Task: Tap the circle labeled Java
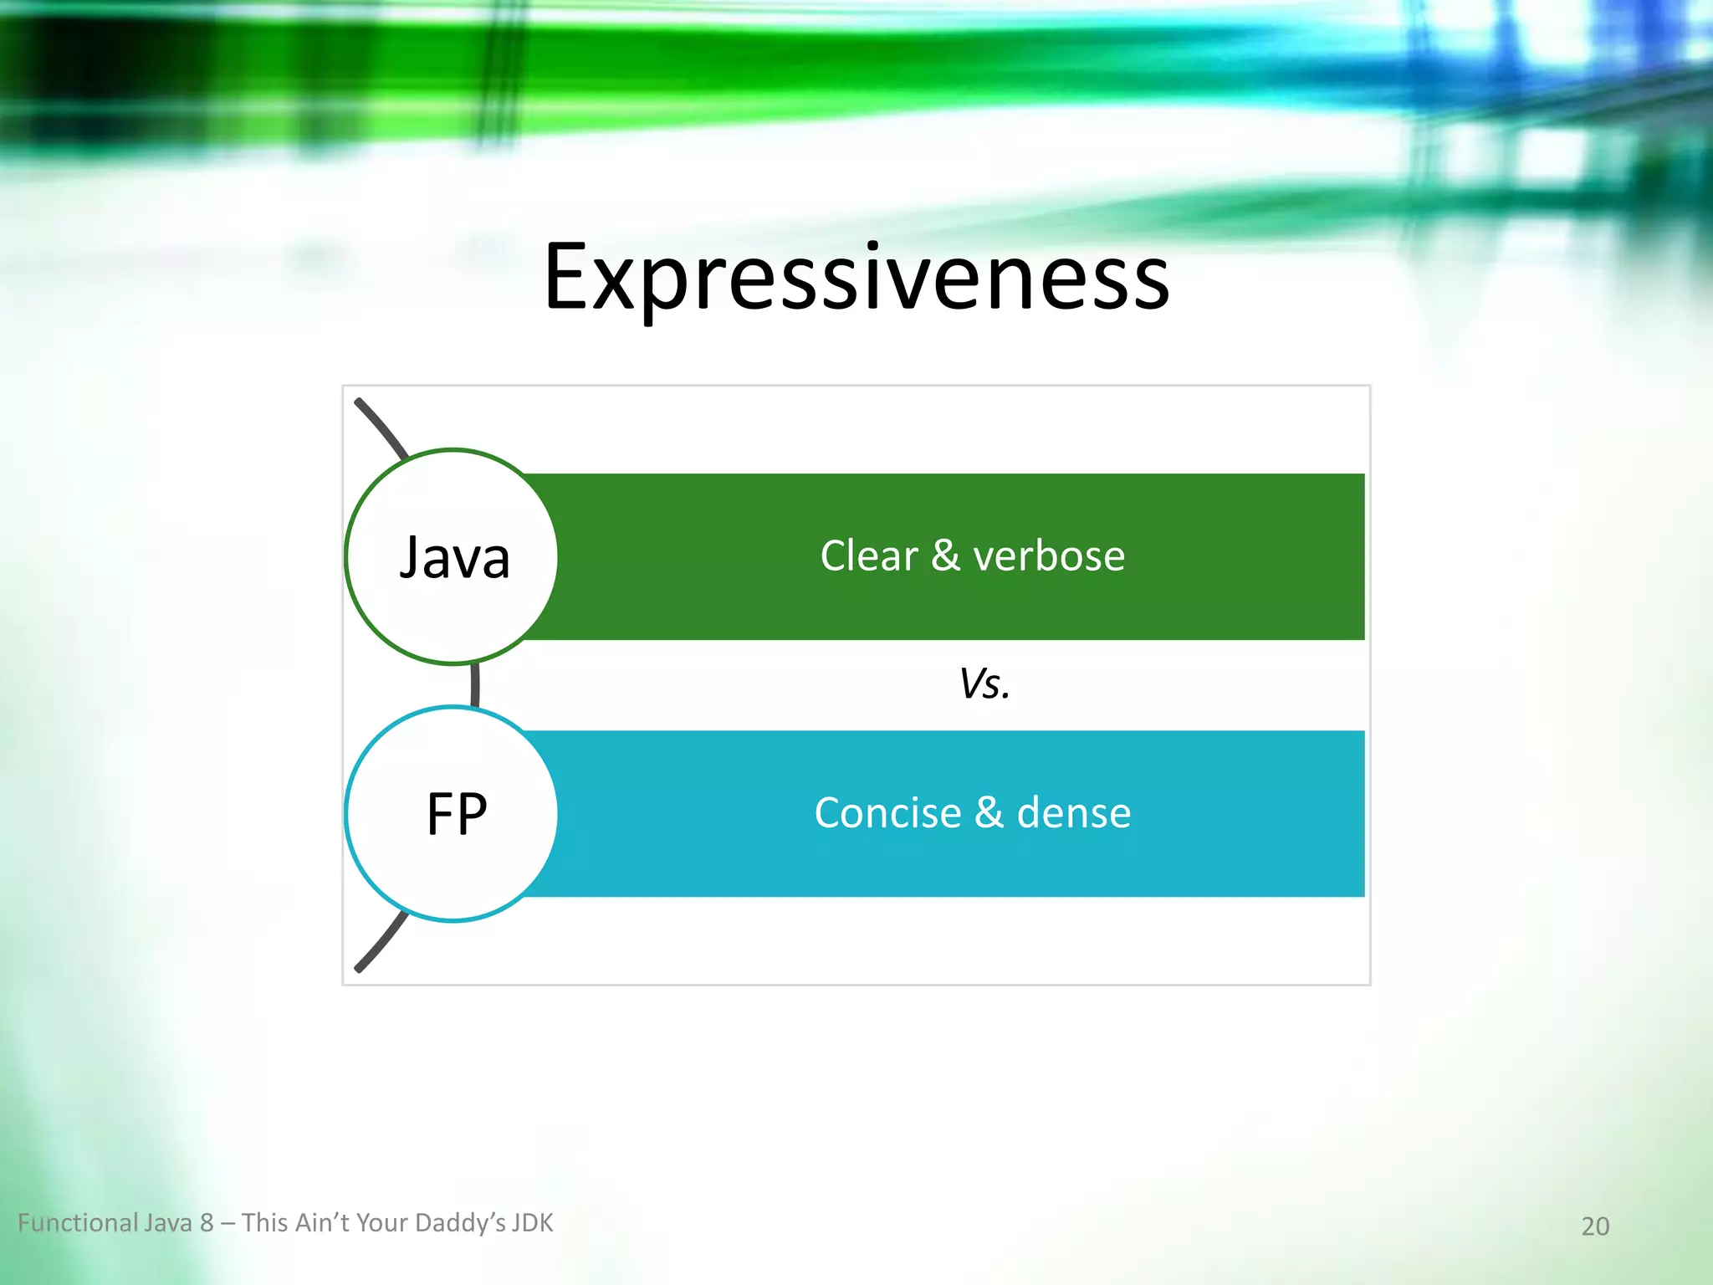point(453,557)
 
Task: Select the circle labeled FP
point(453,814)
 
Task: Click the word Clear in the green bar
point(868,555)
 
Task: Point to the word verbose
point(1049,555)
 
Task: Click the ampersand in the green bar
point(945,555)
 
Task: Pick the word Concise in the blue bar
point(887,813)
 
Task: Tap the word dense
point(1073,813)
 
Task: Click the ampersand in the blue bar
point(989,813)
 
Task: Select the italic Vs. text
point(984,684)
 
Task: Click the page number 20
point(1595,1226)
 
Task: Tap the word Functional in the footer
point(78,1223)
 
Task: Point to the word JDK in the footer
point(532,1223)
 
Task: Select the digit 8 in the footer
point(207,1223)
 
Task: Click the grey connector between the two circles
point(475,685)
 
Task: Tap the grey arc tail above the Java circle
point(381,427)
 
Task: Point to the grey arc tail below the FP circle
point(381,944)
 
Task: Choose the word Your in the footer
point(382,1223)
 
